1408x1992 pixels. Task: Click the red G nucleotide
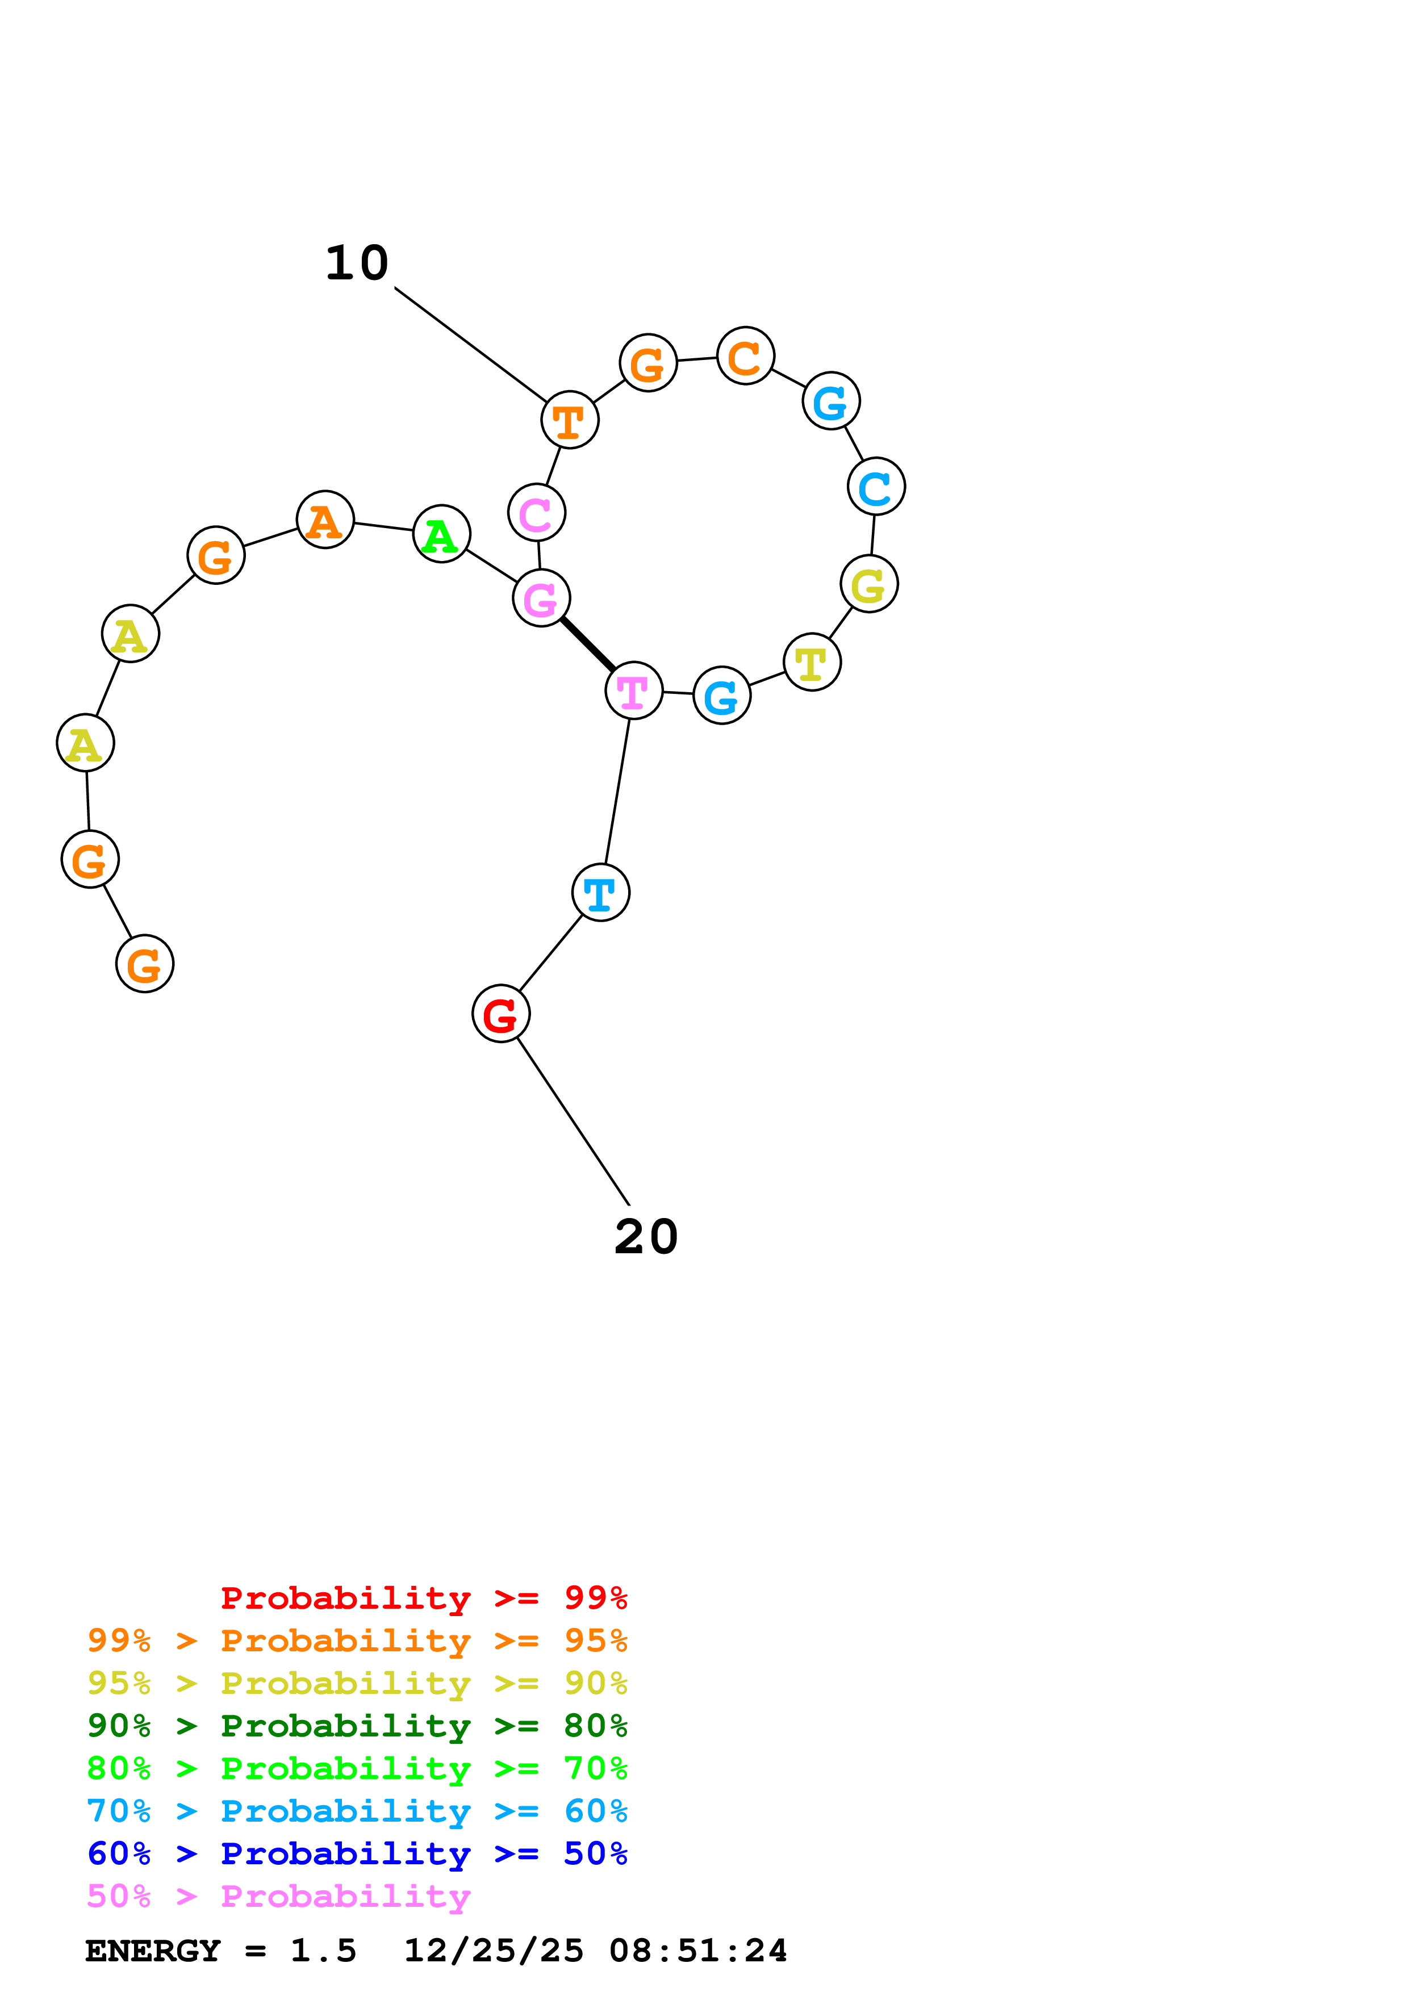pyautogui.click(x=500, y=1014)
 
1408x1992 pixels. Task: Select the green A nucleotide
pyautogui.click(x=441, y=534)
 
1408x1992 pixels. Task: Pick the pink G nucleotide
pyautogui.click(x=541, y=598)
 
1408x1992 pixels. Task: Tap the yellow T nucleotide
pyautogui.click(x=812, y=663)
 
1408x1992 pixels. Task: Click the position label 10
pyautogui.click(x=357, y=263)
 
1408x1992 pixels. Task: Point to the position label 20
pyautogui.click(x=645, y=1236)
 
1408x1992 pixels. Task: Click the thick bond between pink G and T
pyautogui.click(x=587, y=644)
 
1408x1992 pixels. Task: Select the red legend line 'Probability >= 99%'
pyautogui.click(x=423, y=1598)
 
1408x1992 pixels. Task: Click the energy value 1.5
pyautogui.click(x=323, y=1951)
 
